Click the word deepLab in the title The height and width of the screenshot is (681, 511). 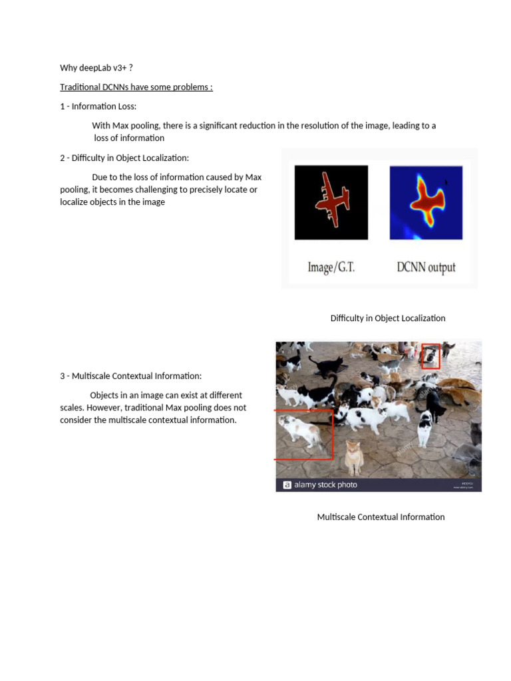pyautogui.click(x=98, y=68)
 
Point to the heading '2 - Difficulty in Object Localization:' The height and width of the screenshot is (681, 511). pyautogui.click(x=124, y=158)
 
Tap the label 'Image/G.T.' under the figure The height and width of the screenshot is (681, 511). pyautogui.click(x=331, y=267)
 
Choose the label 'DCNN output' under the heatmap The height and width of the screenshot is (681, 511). pyautogui.click(x=426, y=267)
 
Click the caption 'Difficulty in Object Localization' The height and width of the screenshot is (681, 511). pyautogui.click(x=388, y=318)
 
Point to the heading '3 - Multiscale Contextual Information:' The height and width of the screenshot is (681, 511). pyautogui.click(x=130, y=376)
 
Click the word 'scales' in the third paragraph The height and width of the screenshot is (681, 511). pyautogui.click(x=73, y=408)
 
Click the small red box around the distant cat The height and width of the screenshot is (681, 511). pyautogui.click(x=430, y=356)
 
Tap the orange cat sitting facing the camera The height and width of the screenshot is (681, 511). pyautogui.click(x=353, y=458)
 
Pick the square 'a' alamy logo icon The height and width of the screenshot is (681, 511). pyautogui.click(x=287, y=485)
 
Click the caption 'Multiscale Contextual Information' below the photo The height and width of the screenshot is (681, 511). pyautogui.click(x=381, y=517)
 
